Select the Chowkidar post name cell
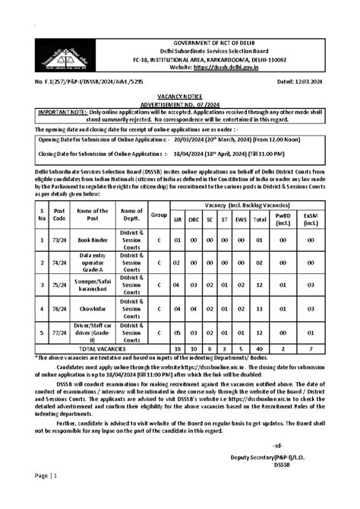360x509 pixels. (92, 310)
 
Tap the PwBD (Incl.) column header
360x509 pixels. (283, 219)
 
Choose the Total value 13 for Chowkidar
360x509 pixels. (260, 310)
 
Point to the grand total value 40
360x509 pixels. (260, 348)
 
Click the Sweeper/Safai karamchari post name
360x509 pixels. (92, 286)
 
